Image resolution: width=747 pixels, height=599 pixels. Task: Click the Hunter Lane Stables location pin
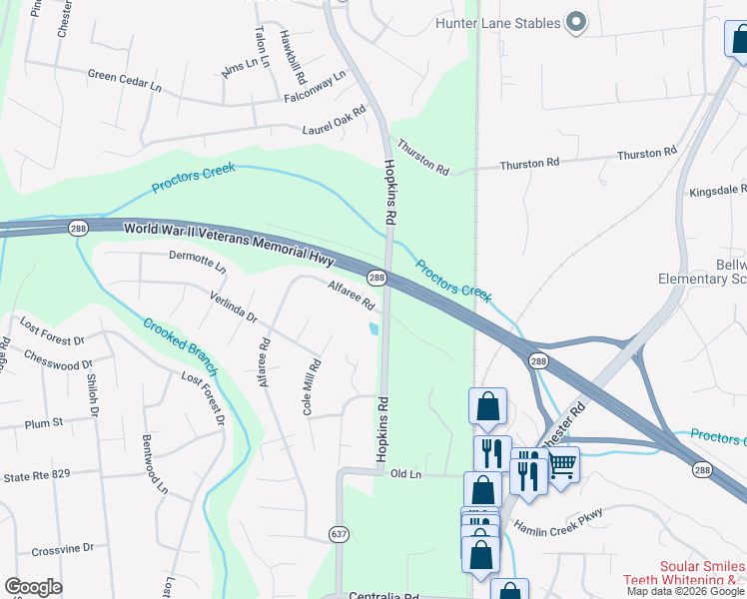pyautogui.click(x=575, y=22)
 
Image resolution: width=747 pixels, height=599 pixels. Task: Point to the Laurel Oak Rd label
pyautogui.click(x=335, y=124)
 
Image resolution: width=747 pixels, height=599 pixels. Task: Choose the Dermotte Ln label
pyautogui.click(x=198, y=264)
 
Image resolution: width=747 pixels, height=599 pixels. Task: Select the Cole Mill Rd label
pyautogui.click(x=311, y=387)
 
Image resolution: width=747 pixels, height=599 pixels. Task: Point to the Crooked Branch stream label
pyautogui.click(x=180, y=347)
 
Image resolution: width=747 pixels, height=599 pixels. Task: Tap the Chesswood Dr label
pyautogui.click(x=57, y=364)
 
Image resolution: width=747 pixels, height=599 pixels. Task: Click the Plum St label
pyautogui.click(x=43, y=423)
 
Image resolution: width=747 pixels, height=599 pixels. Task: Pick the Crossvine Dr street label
pyautogui.click(x=62, y=548)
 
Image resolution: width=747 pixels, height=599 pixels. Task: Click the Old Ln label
pyautogui.click(x=401, y=473)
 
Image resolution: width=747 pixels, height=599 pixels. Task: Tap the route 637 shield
pyautogui.click(x=340, y=534)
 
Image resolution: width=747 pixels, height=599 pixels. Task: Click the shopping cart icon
pyautogui.click(x=562, y=464)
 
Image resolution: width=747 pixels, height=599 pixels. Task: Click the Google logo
pyautogui.click(x=33, y=587)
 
